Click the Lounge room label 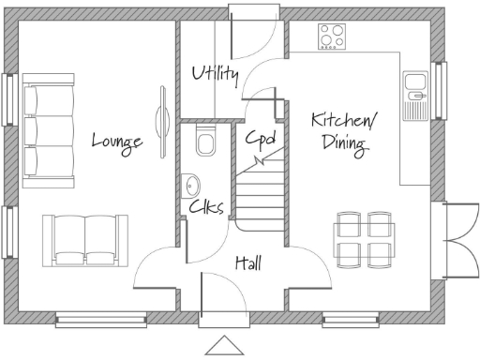pyautogui.click(x=117, y=142)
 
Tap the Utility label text pyautogui.click(x=215, y=74)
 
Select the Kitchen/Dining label pyautogui.click(x=344, y=131)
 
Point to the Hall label pyautogui.click(x=248, y=263)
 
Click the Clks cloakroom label pyautogui.click(x=205, y=207)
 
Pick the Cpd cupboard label pyautogui.click(x=260, y=139)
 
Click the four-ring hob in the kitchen pyautogui.click(x=331, y=36)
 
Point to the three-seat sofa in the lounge pyautogui.click(x=48, y=130)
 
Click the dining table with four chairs pyautogui.click(x=365, y=239)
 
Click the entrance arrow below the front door pyautogui.click(x=224, y=344)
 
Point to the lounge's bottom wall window pyautogui.click(x=101, y=320)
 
